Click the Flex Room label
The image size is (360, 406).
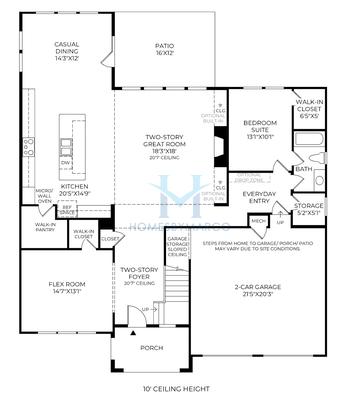(66, 288)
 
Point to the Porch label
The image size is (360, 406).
(152, 348)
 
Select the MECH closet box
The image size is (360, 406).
(258, 221)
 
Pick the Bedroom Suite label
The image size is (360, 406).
(260, 127)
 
